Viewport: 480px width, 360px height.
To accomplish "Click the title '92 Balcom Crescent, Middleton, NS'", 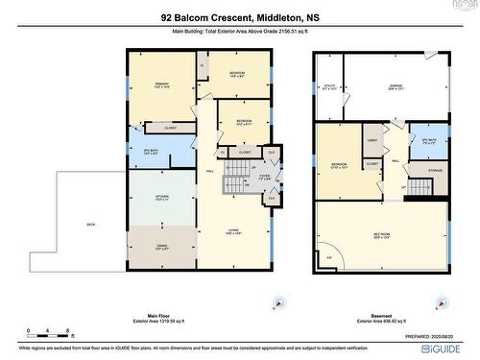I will pyautogui.click(x=239, y=17).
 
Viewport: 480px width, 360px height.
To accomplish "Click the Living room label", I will pyautogui.click(x=232, y=230).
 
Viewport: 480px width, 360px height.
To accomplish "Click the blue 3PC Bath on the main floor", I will pyautogui.click(x=150, y=150).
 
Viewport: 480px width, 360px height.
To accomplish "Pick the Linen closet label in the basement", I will pyautogui.click(x=371, y=141).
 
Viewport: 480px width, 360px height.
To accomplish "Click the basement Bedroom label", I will pyautogui.click(x=339, y=164).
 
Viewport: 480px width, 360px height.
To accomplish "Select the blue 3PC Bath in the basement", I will pyautogui.click(x=429, y=140).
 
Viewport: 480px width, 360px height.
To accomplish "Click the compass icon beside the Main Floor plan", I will pyautogui.click(x=278, y=302).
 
